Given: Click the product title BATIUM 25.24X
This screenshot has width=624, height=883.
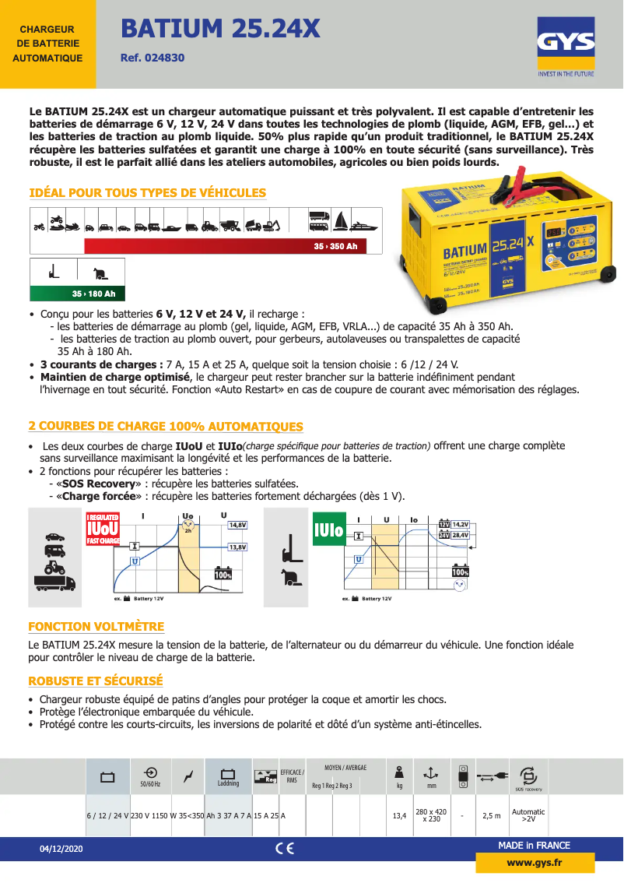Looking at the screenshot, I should coord(220,30).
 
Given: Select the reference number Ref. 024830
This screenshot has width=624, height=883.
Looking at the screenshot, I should coord(152,58).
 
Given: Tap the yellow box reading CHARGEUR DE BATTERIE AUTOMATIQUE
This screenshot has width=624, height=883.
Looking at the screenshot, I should coord(47,44).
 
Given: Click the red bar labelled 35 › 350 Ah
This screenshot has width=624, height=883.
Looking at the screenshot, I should coord(223,246).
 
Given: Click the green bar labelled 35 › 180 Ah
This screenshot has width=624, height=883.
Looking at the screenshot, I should coord(76,294).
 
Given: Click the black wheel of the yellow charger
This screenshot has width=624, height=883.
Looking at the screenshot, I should coord(608,273).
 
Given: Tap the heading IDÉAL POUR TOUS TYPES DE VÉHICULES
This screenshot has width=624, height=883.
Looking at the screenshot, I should coord(147,193).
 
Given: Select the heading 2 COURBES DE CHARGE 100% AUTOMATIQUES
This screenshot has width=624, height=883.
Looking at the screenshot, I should coord(166,427).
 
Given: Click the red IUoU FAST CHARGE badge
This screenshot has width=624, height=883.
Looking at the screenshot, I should coord(103,529).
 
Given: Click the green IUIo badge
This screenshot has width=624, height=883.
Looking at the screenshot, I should coord(329,529).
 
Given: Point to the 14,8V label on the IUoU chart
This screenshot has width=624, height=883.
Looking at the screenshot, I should coord(237,526).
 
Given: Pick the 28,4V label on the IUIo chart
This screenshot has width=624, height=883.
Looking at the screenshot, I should coord(459,536).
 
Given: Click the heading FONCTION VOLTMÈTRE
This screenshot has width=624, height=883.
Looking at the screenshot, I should coord(96,627).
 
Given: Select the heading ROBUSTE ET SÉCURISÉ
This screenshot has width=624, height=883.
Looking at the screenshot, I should coord(95,681).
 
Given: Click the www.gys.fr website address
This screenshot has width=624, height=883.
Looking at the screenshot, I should coord(534,863).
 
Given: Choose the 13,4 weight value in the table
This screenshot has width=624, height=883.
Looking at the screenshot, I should coord(399,815).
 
